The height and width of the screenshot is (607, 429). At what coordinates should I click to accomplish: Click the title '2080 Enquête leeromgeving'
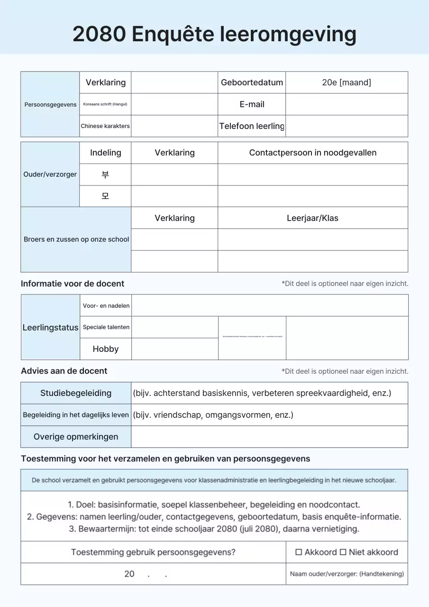coord(214,34)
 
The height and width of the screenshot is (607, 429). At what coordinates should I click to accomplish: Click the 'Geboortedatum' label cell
coord(252,83)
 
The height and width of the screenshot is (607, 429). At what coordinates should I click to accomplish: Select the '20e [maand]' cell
coord(347,83)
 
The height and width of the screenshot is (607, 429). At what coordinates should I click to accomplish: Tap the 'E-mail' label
coord(252,104)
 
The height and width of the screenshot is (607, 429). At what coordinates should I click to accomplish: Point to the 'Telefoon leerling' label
coord(252,126)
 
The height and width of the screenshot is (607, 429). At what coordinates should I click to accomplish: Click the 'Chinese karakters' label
coord(105,126)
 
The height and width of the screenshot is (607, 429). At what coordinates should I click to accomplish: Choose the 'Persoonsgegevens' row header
coord(50,104)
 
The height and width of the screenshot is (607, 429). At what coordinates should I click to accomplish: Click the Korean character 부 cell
coord(105,175)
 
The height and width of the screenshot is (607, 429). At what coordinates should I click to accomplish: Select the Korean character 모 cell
coord(105,196)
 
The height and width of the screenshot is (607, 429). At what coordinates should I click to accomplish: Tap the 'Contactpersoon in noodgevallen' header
coord(313,153)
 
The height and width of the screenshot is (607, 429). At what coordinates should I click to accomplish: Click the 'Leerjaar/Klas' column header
coord(313,218)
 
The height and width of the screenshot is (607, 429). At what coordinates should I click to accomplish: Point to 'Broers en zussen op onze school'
coord(76,239)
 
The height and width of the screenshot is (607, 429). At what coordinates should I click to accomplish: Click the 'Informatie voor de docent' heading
coord(73,284)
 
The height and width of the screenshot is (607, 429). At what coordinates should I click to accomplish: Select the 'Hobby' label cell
coord(106,349)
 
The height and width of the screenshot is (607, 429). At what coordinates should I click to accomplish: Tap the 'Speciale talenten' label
coord(106,327)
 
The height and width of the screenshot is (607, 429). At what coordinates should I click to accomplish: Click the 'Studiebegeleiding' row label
coord(76,393)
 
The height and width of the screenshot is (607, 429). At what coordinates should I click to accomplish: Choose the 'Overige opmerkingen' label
coord(76,437)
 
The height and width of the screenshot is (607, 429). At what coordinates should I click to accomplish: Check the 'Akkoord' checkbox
coord(299,552)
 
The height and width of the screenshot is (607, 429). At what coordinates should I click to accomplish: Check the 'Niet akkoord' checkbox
coord(343,552)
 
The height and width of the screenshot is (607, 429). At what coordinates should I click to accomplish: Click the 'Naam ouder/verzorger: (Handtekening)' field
coord(347,574)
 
